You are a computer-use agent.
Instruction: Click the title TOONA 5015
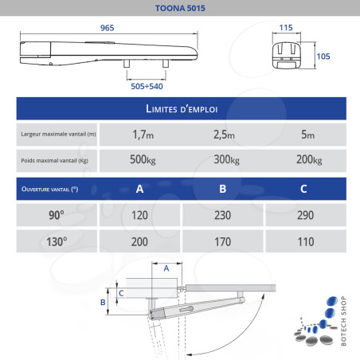[180, 10]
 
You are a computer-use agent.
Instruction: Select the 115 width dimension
[287, 26]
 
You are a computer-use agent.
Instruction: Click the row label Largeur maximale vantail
[60, 133]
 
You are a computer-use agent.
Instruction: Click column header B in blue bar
[223, 189]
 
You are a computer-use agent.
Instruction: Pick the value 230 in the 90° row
[223, 214]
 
